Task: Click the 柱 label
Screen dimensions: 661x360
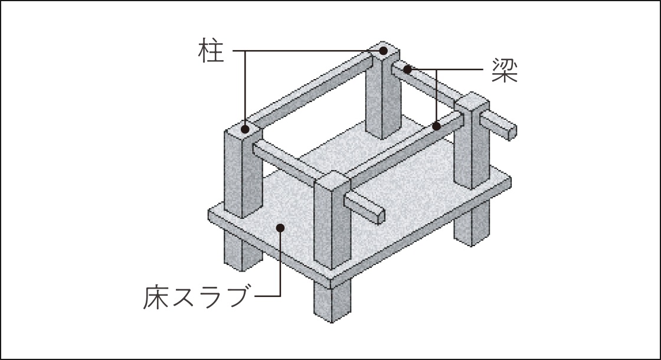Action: (x=211, y=51)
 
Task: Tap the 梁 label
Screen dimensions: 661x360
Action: (x=505, y=70)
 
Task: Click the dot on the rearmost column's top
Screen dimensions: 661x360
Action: (x=383, y=51)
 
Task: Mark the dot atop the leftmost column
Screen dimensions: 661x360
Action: (x=245, y=129)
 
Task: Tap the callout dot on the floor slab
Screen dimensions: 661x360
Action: (x=280, y=228)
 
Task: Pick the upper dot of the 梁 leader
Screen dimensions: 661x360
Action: (x=407, y=68)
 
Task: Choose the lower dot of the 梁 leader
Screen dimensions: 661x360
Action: (x=437, y=126)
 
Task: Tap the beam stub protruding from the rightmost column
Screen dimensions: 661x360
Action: (x=498, y=124)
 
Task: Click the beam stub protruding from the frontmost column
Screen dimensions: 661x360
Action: (x=364, y=207)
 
